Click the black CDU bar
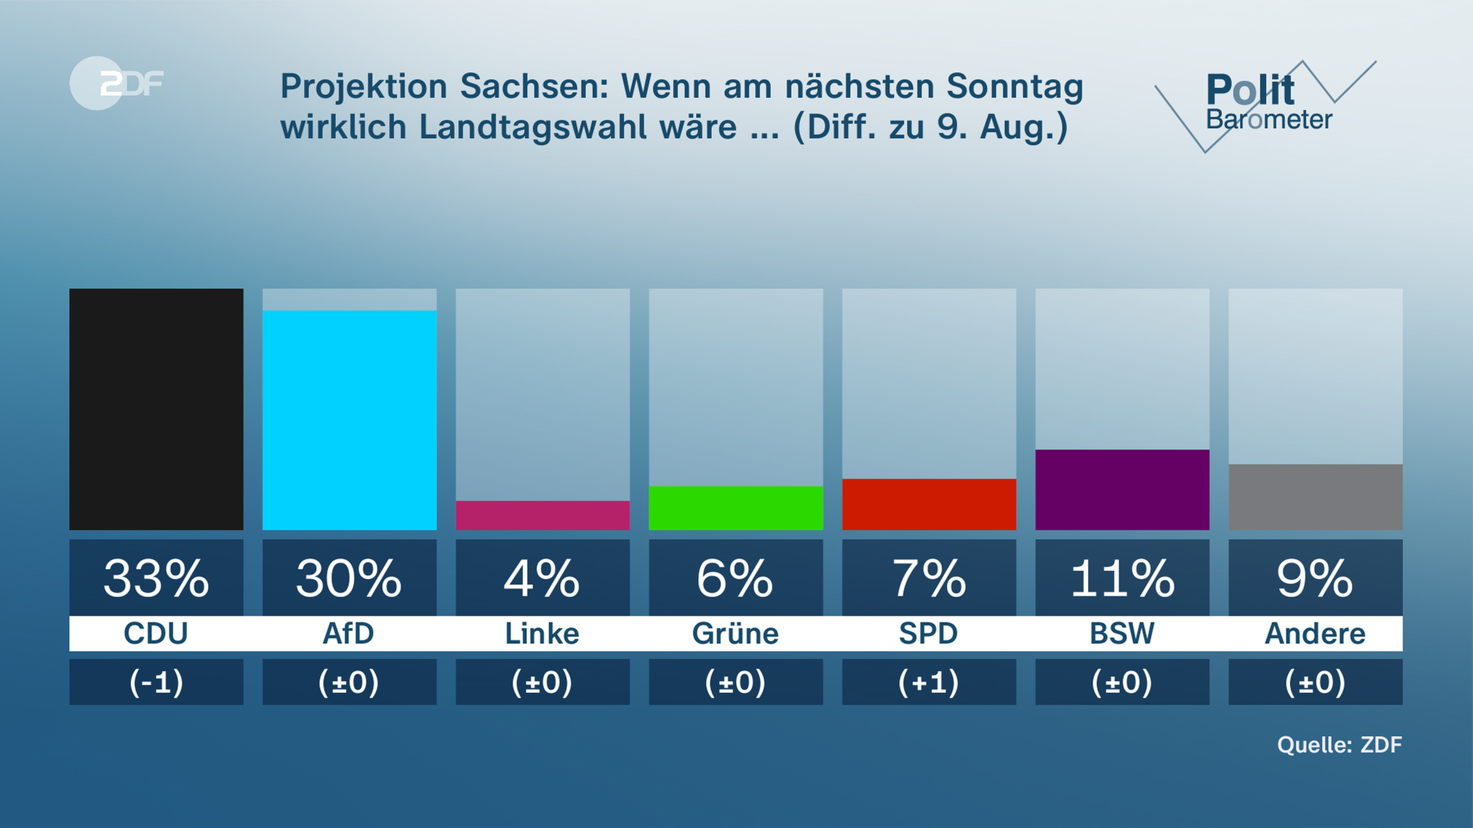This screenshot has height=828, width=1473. [157, 409]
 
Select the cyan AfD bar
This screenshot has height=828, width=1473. [349, 419]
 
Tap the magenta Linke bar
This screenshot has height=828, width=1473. [542, 515]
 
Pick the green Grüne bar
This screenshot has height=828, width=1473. [736, 508]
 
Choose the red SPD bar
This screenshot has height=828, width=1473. [929, 504]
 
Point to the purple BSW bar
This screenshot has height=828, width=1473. [1122, 489]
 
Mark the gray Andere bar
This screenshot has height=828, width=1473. [1315, 497]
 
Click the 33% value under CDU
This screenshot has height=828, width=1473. [157, 578]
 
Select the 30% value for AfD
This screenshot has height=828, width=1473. [349, 578]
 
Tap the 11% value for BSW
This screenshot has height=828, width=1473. [1122, 578]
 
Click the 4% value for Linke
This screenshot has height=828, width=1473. [542, 578]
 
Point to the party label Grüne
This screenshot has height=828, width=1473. [736, 634]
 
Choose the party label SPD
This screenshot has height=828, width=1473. [929, 634]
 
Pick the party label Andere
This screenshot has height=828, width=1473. [1315, 634]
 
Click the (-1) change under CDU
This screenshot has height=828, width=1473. [157, 682]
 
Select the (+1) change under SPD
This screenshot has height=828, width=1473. [929, 682]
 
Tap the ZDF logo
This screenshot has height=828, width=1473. [117, 83]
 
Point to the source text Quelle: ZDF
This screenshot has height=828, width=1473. [1339, 744]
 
